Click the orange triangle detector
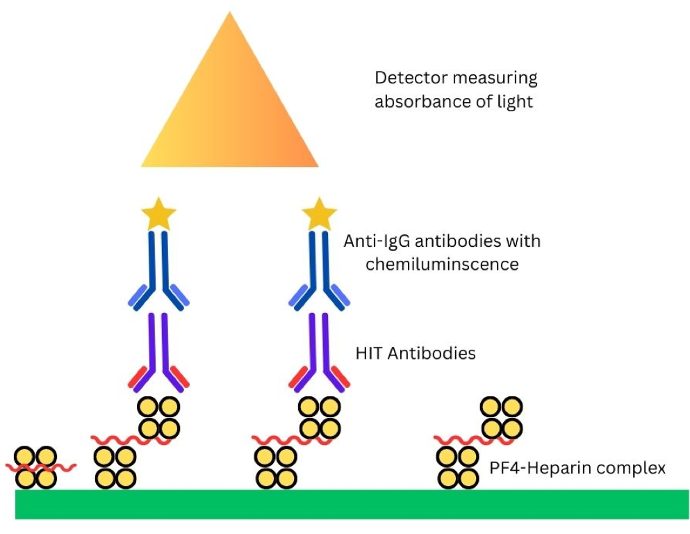(229, 111)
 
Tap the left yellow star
(158, 215)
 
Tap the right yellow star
(320, 215)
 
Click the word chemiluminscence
(432, 265)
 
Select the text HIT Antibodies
(416, 353)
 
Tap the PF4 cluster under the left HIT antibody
(158, 416)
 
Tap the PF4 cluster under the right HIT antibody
(320, 416)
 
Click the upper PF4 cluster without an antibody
(501, 416)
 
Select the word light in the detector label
(514, 102)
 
